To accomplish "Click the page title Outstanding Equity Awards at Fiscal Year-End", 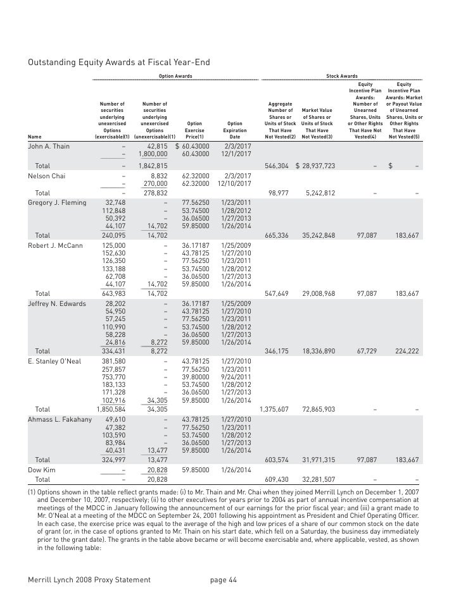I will click(118, 62).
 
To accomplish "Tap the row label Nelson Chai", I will click(47, 175).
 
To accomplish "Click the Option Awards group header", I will click(175, 76).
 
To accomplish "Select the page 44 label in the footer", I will click(223, 580).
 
